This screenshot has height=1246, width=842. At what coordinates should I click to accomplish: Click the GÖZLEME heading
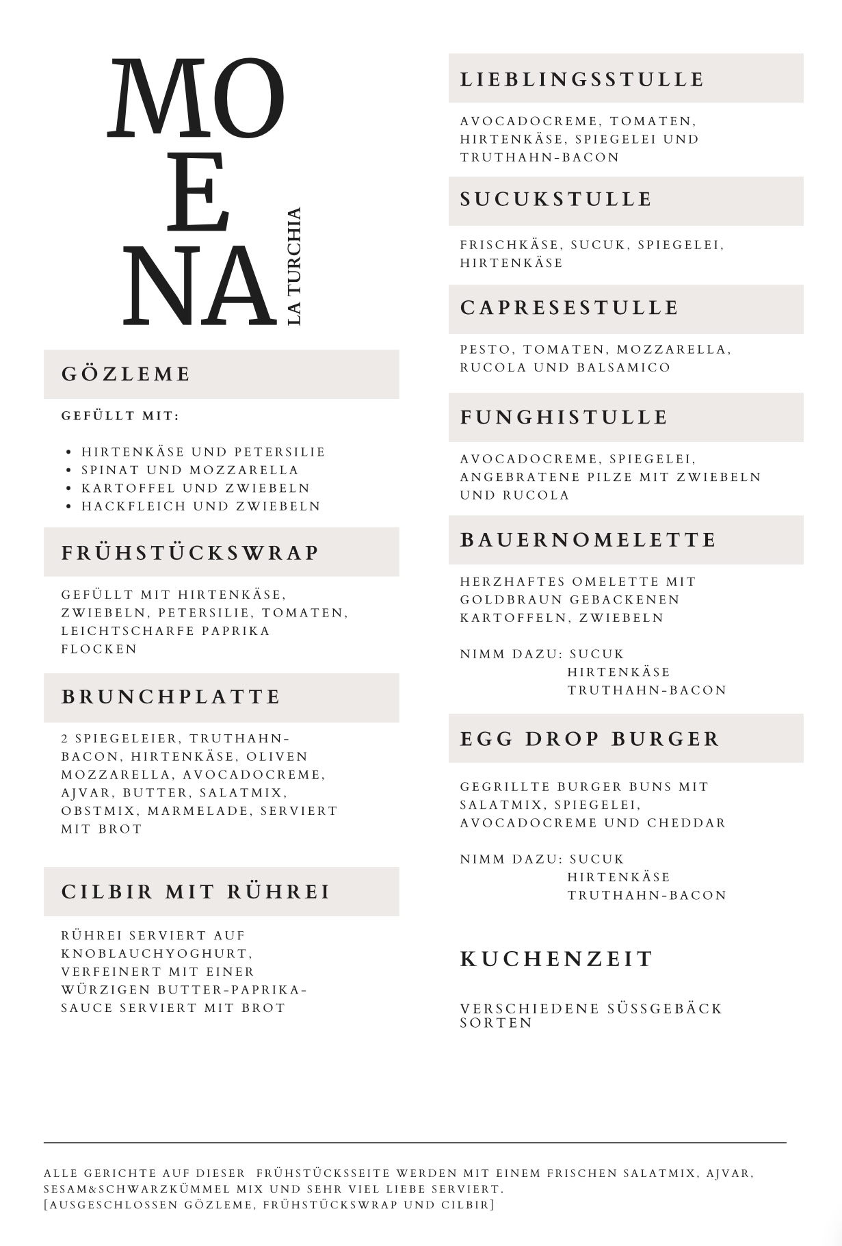[126, 374]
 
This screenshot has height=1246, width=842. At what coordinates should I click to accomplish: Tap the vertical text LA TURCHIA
[294, 266]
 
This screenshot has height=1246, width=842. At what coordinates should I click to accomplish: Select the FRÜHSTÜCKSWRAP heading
[190, 552]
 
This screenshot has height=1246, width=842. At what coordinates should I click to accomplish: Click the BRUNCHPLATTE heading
[171, 697]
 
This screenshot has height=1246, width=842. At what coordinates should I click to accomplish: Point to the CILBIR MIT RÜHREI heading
[196, 892]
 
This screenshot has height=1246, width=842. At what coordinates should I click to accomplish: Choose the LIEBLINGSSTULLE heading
[581, 79]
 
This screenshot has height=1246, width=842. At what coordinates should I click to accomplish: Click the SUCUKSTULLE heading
[556, 199]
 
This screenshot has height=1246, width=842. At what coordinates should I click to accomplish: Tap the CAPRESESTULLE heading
[569, 307]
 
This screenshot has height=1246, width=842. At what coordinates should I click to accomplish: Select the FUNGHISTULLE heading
[564, 417]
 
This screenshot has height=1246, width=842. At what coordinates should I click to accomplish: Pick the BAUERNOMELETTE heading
[588, 539]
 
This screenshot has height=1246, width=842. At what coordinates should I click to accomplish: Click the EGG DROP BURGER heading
[590, 739]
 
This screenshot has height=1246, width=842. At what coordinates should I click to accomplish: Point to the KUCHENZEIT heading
[556, 959]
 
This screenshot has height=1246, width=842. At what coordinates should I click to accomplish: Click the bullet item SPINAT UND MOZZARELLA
[190, 470]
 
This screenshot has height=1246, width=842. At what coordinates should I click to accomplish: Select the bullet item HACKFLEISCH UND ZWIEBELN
[201, 506]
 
